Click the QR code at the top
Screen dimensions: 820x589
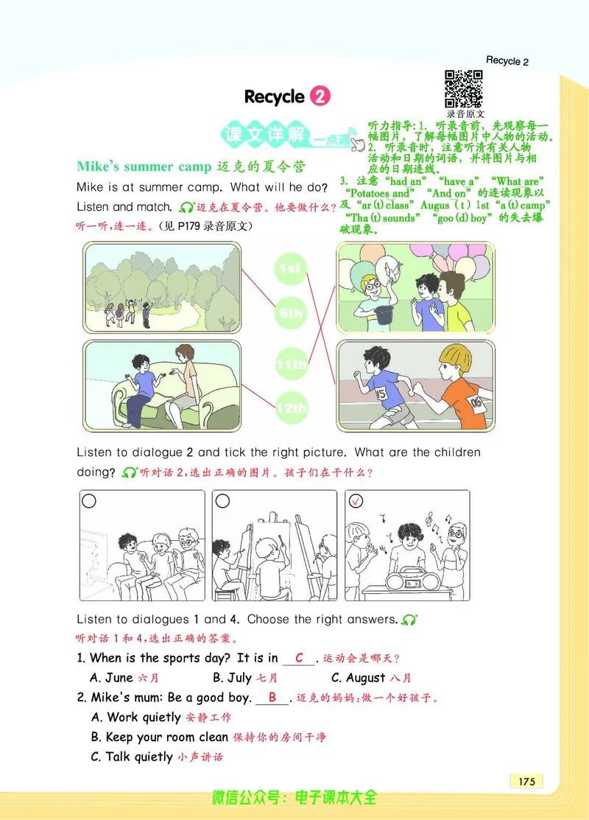463,88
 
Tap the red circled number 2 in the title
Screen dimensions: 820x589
320,97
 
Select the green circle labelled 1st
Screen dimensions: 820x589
290,270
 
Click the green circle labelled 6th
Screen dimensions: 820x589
290,314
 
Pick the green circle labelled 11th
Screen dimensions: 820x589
290,364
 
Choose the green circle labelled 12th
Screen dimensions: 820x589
290,408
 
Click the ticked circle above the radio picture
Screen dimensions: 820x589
356,501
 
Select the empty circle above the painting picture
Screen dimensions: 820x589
222,501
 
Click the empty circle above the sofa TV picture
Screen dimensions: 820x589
89,501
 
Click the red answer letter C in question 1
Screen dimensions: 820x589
299,658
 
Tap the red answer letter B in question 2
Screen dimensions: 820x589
272,697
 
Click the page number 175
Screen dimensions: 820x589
526,782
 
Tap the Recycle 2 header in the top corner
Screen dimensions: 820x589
507,61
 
